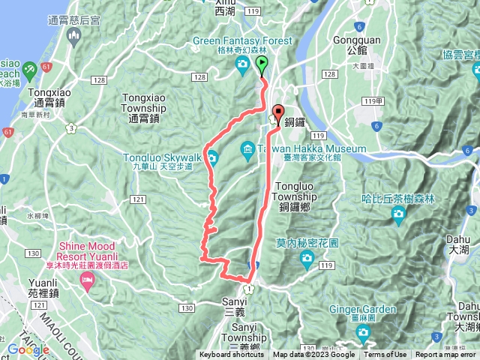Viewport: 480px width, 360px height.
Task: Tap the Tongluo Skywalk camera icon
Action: click(x=212, y=157)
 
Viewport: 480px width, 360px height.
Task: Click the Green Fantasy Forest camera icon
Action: click(x=242, y=66)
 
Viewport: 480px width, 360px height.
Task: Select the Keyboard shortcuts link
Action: click(x=232, y=355)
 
